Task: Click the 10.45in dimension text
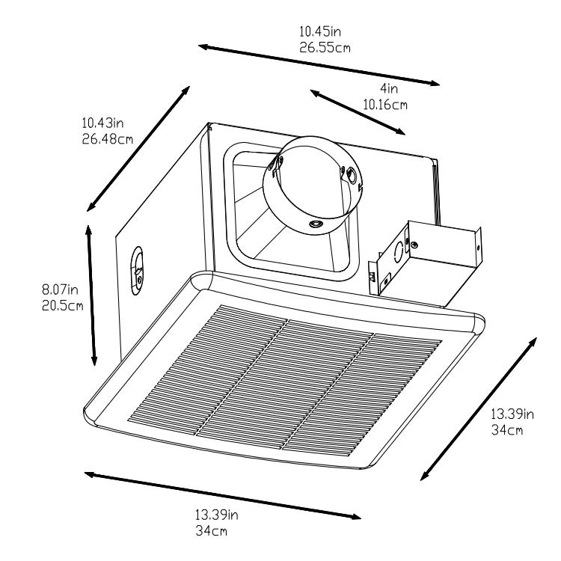coord(319,32)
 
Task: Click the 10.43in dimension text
coord(103,123)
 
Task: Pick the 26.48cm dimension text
coord(108,138)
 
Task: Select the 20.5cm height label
coord(62,304)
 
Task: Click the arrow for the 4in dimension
coord(358,112)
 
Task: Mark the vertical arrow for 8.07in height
coord(93,297)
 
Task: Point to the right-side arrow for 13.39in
coord(479,408)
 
